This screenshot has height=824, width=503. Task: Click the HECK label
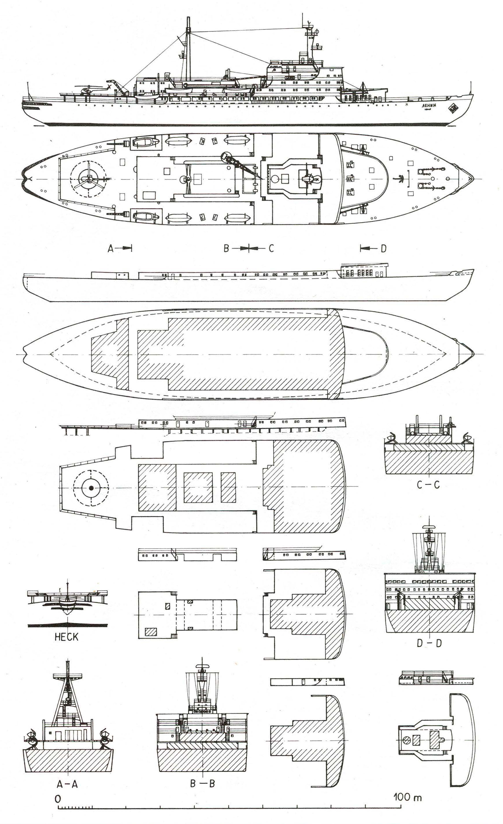(66, 636)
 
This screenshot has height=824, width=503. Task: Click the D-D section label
(429, 643)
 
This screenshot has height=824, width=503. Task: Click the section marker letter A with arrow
(111, 248)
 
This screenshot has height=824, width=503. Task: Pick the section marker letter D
(383, 248)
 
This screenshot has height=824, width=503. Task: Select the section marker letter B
(226, 248)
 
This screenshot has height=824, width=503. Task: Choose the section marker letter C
(271, 248)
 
